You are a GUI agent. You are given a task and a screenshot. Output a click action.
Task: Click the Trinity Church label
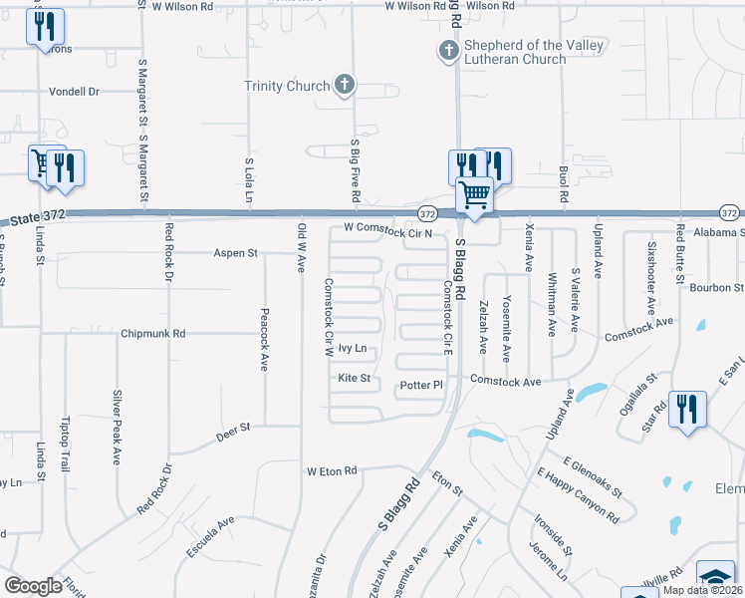(287, 86)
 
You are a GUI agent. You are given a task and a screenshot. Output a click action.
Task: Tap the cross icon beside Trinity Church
(344, 85)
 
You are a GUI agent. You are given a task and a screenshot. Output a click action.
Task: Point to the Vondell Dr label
(76, 92)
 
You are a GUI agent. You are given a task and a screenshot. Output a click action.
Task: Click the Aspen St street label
(235, 254)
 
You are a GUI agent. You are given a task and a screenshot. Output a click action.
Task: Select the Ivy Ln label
(354, 348)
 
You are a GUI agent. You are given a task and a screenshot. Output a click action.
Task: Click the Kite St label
(354, 379)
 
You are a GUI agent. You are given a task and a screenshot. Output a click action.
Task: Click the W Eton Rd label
(332, 470)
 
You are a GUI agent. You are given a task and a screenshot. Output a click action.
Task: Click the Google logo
(33, 585)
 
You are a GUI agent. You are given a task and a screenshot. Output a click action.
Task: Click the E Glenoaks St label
(592, 477)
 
